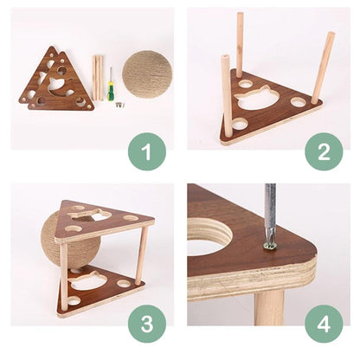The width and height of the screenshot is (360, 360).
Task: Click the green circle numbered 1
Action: click(x=147, y=151)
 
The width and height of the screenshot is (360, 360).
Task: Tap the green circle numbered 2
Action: click(x=324, y=151)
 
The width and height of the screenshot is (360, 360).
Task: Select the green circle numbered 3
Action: click(x=147, y=325)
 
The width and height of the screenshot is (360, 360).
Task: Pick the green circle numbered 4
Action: click(x=324, y=325)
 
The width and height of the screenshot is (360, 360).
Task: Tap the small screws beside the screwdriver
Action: click(x=120, y=105)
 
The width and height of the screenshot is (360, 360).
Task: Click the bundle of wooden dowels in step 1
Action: click(x=98, y=78)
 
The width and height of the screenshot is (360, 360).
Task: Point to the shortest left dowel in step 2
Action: click(x=226, y=98)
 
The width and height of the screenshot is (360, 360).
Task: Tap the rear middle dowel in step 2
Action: click(x=240, y=45)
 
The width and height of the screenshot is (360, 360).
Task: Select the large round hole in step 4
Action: click(x=208, y=237)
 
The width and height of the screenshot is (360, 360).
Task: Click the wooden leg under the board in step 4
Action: click(x=269, y=308)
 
